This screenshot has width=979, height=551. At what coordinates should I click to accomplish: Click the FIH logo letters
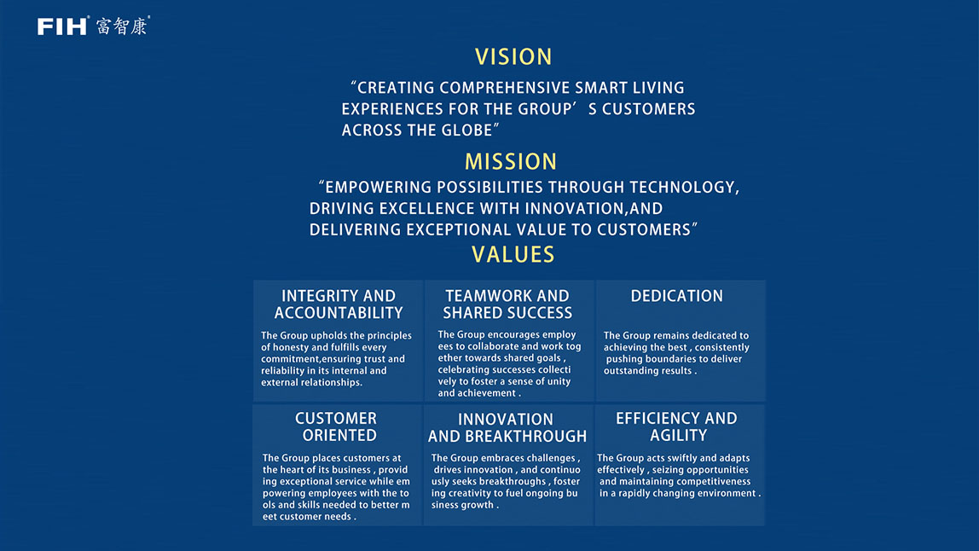pos(62,26)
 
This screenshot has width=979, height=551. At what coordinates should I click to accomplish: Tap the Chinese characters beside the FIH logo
pos(123,26)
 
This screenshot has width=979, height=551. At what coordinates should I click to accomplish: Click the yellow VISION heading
pos(513,57)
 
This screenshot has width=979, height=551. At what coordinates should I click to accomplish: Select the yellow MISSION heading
pos(511,162)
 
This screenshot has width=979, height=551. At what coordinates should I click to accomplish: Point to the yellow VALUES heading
pos(513,255)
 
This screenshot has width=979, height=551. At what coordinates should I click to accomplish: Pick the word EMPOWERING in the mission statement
pos(378,188)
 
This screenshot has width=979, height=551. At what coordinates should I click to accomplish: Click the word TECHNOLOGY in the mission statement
pos(683,188)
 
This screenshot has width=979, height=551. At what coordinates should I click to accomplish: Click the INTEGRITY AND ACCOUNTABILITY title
pos(339,304)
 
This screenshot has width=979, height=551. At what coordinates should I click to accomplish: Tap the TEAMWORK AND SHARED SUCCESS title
pos(507,304)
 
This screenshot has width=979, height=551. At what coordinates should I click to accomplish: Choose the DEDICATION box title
pos(677,296)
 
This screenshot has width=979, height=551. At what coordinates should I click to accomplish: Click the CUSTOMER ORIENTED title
pos(337,426)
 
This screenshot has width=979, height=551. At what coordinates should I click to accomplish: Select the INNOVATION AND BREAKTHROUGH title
pos(507,428)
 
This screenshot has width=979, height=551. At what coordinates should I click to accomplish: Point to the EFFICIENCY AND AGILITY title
pos(677,426)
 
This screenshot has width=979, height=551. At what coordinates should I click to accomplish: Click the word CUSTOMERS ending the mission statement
pos(644,230)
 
